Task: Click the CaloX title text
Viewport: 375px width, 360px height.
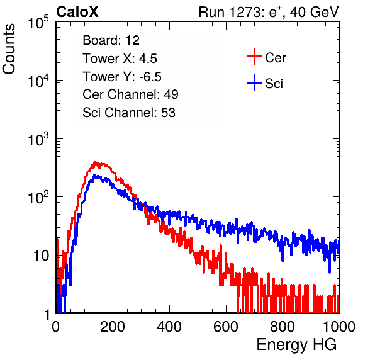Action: click(x=77, y=12)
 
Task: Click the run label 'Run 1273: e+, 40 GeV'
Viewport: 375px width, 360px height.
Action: click(x=269, y=12)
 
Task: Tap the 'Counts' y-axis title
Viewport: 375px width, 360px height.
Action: click(x=9, y=49)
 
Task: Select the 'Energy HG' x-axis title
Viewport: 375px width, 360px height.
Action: click(x=296, y=345)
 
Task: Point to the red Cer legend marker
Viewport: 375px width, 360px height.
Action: click(x=254, y=57)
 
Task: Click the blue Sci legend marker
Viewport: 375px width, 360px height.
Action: click(x=254, y=82)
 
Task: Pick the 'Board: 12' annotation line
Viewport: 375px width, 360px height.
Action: click(x=111, y=40)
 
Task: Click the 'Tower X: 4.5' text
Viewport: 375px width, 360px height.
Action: click(x=120, y=59)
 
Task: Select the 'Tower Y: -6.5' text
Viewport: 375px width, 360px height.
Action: click(x=122, y=77)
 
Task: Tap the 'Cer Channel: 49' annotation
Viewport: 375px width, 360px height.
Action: click(x=130, y=94)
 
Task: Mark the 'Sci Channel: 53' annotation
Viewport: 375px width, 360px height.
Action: click(x=129, y=113)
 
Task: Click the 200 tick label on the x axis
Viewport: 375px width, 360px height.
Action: click(x=113, y=327)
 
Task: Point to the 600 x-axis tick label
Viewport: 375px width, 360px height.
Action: click(x=226, y=327)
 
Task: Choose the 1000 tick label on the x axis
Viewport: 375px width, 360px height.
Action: click(x=339, y=327)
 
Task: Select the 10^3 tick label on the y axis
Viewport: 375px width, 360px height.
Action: click(x=38, y=139)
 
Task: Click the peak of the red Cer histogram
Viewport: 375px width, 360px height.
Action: click(x=95, y=162)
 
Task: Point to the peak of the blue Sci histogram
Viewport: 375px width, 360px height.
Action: click(x=94, y=175)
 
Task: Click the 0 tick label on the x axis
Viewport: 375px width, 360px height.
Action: click(x=56, y=327)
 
